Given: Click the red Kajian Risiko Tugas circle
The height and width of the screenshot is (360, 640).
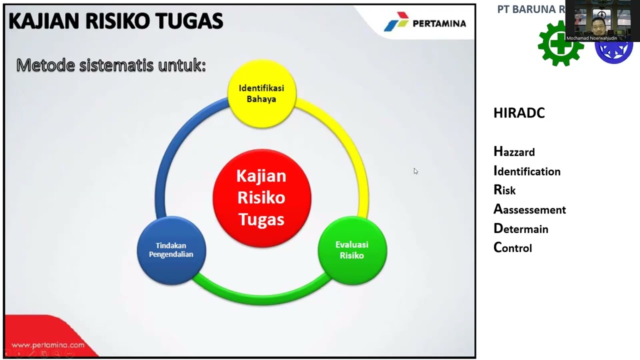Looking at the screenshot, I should tap(261, 198).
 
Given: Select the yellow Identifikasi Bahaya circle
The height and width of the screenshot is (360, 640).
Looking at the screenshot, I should tap(261, 93).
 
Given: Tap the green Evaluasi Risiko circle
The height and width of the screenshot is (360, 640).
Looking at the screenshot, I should tap(352, 250).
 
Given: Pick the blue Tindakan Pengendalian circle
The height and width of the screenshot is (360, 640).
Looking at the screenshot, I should tap(171, 250).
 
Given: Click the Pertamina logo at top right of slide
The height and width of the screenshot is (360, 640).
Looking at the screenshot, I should tap(425, 23).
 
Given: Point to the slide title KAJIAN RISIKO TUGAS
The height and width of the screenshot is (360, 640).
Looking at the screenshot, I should tap(115, 21).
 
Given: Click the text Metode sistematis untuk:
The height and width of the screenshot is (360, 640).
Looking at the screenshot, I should tap(111, 65).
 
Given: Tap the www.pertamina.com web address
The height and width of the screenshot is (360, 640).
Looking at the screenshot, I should tap(48, 345).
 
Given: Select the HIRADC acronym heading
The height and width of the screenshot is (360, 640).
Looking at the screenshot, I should tap(519, 113).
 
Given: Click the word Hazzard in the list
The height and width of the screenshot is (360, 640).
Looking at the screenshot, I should tap(514, 151).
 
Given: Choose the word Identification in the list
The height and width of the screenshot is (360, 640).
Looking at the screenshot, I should tap(527, 171).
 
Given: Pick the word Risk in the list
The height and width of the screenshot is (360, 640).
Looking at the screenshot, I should tap(504, 190).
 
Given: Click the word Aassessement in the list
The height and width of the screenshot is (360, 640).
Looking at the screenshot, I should tap(529, 209).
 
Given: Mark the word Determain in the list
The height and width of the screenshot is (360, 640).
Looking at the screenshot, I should tap(521, 228).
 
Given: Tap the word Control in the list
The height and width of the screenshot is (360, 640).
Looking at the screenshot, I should tap(512, 247).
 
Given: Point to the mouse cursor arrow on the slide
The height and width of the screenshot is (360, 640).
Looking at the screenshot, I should tap(415, 171).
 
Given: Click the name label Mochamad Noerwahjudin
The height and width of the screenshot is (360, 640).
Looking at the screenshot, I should tap(591, 38).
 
